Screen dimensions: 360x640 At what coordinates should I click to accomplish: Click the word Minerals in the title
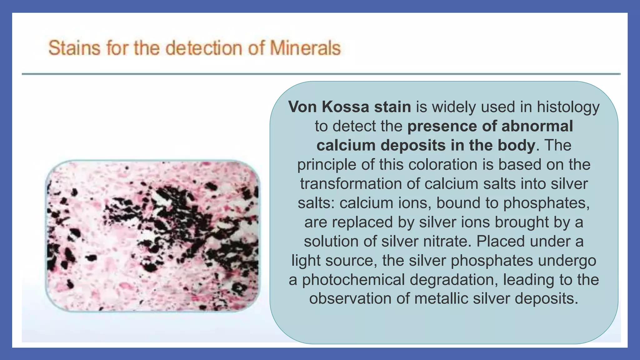click(305, 48)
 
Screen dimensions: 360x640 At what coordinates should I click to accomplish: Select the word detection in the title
click(204, 48)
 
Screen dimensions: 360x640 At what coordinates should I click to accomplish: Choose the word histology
click(568, 107)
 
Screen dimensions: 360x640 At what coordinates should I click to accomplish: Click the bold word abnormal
click(537, 126)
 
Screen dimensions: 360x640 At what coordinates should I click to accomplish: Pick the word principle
click(327, 165)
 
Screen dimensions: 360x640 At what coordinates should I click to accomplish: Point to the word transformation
click(351, 184)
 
